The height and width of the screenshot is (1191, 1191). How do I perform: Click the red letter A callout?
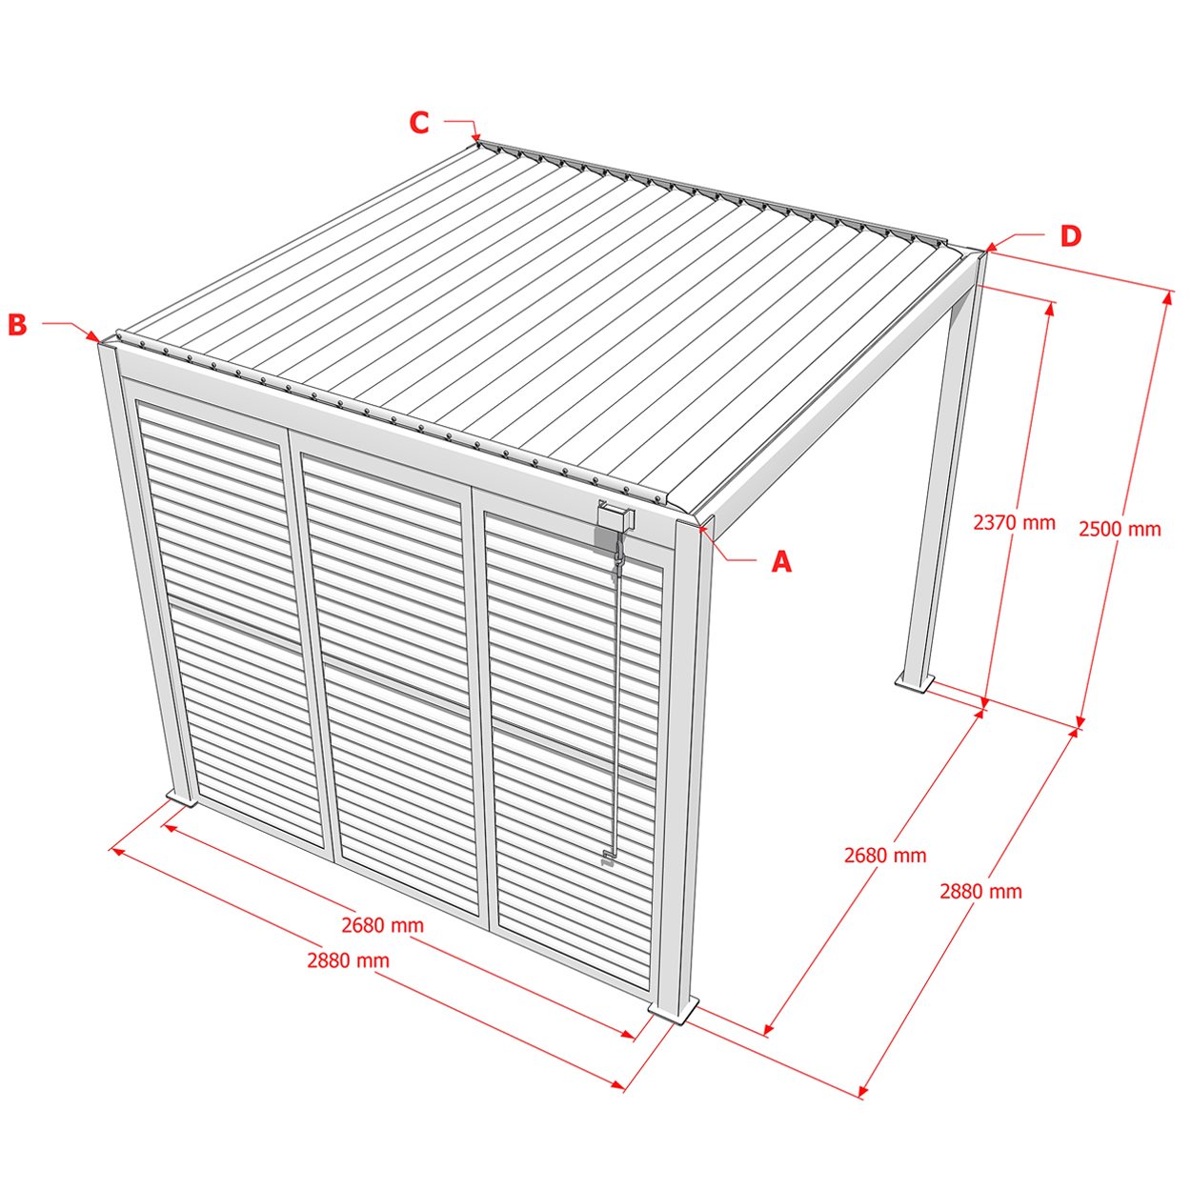[x=781, y=561]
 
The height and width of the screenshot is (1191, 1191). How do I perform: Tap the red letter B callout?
[x=18, y=325]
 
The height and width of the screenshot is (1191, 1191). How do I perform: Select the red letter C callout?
[x=419, y=122]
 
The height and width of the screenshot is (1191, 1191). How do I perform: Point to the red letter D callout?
[x=1071, y=236]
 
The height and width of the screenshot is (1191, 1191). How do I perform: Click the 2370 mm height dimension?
[x=1014, y=523]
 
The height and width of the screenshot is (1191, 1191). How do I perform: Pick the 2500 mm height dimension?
[x=1120, y=529]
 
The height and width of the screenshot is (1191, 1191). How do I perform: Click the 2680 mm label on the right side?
[x=885, y=856]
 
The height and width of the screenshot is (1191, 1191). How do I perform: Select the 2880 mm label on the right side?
[x=980, y=891]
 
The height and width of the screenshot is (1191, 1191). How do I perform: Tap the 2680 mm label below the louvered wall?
[x=383, y=925]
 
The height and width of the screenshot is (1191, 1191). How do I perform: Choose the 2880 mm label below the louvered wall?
[x=348, y=960]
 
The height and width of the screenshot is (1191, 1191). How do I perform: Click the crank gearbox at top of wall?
[x=616, y=517]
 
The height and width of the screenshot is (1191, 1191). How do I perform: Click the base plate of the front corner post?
[x=674, y=1012]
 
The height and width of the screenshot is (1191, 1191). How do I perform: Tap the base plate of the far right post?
[x=915, y=683]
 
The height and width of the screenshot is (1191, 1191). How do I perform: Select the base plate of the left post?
[x=181, y=797]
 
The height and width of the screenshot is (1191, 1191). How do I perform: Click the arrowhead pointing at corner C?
[x=475, y=137]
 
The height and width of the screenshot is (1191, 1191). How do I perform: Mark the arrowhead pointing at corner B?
[x=93, y=336]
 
